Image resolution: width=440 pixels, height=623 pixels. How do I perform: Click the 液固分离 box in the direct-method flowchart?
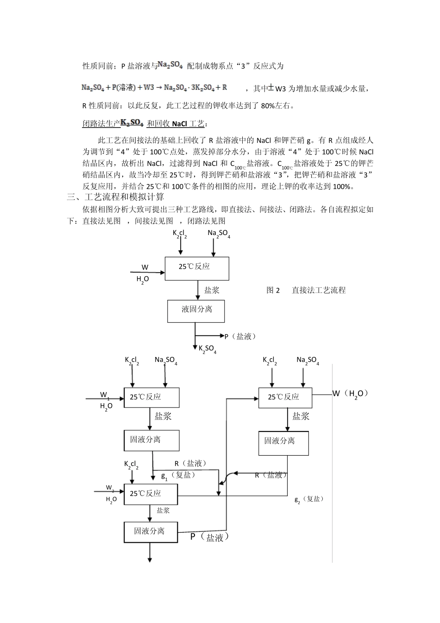[x=196, y=311]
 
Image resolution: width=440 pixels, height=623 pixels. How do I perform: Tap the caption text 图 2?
[x=273, y=290]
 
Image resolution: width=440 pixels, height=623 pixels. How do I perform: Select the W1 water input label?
[x=105, y=395]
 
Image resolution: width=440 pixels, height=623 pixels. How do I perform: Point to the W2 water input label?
[x=110, y=488]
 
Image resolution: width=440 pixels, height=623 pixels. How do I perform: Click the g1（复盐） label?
[x=178, y=475]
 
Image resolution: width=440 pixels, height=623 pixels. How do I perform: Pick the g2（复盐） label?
[x=309, y=499]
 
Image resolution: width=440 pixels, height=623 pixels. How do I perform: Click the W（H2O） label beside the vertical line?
[x=351, y=394]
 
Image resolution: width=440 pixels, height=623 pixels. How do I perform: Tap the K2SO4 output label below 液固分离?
[x=207, y=349]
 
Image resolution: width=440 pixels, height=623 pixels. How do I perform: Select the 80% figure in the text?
[x=268, y=106]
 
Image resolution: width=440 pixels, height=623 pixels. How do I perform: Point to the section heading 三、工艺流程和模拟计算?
[x=115, y=197]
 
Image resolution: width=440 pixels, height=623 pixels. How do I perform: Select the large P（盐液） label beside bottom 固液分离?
[x=210, y=537]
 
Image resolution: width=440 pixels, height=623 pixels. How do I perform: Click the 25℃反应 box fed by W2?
[x=151, y=494]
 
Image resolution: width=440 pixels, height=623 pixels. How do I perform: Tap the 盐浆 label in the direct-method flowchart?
[x=212, y=290]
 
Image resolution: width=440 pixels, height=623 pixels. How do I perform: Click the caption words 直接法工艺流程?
[x=319, y=290]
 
